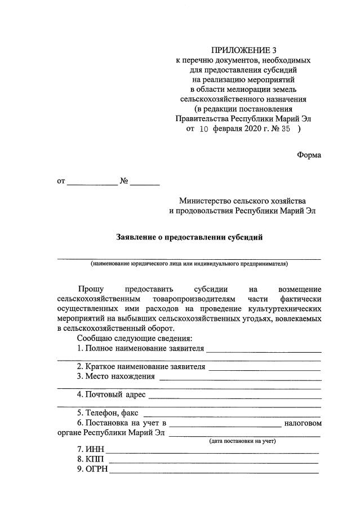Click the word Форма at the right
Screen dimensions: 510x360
tap(309, 155)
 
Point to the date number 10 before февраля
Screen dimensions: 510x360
tap(204, 128)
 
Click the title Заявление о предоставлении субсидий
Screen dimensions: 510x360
tap(189, 238)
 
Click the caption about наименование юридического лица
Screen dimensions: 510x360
tap(189, 263)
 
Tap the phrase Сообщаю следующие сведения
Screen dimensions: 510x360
tap(135, 338)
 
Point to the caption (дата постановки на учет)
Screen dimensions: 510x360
tap(242, 441)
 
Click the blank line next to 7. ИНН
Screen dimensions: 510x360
tap(212, 451)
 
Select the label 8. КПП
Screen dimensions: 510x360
tap(90, 460)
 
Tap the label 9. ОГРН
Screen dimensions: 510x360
tap(92, 469)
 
